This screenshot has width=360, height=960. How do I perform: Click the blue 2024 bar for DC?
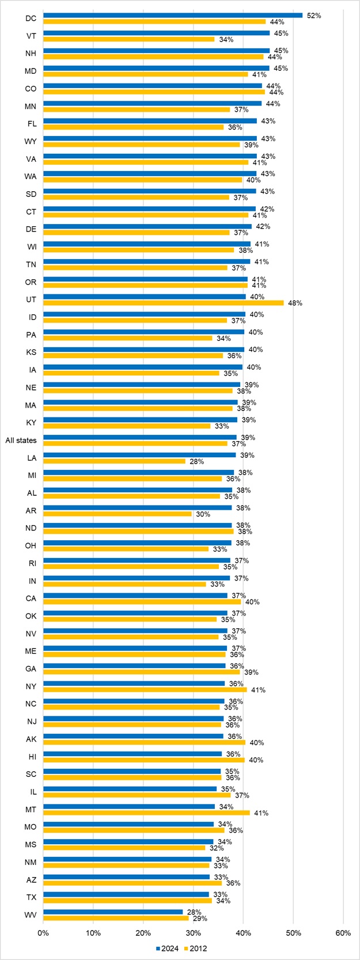pos(173,16)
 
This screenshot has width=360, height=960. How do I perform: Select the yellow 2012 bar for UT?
pos(164,303)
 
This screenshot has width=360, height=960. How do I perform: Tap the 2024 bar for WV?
pos(113,912)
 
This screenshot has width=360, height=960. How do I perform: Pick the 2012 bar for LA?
pos(114,461)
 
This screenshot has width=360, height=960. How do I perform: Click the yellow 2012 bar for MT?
pos(146,813)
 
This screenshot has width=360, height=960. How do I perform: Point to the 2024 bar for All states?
pos(140,438)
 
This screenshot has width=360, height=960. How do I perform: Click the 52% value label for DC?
pos(314,16)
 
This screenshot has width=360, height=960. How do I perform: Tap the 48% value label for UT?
pos(295,303)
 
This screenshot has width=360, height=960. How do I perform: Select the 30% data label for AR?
pos(203,514)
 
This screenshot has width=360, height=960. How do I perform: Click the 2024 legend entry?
pos(167,948)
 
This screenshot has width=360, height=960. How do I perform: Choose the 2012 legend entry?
pos(195,948)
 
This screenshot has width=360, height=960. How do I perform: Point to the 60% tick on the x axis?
pos(343,933)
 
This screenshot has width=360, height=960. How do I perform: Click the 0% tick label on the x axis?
pos(43,933)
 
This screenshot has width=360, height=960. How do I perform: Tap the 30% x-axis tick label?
pos(193,933)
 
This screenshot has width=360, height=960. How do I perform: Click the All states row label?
pos(21,441)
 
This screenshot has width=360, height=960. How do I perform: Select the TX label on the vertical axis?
pos(31,897)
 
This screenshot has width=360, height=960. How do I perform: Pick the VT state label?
pos(31,36)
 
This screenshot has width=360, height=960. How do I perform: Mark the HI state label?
pos(31,757)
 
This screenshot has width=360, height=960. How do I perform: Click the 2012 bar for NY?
pos(145,689)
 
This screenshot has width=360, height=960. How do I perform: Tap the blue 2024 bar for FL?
pos(150,121)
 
